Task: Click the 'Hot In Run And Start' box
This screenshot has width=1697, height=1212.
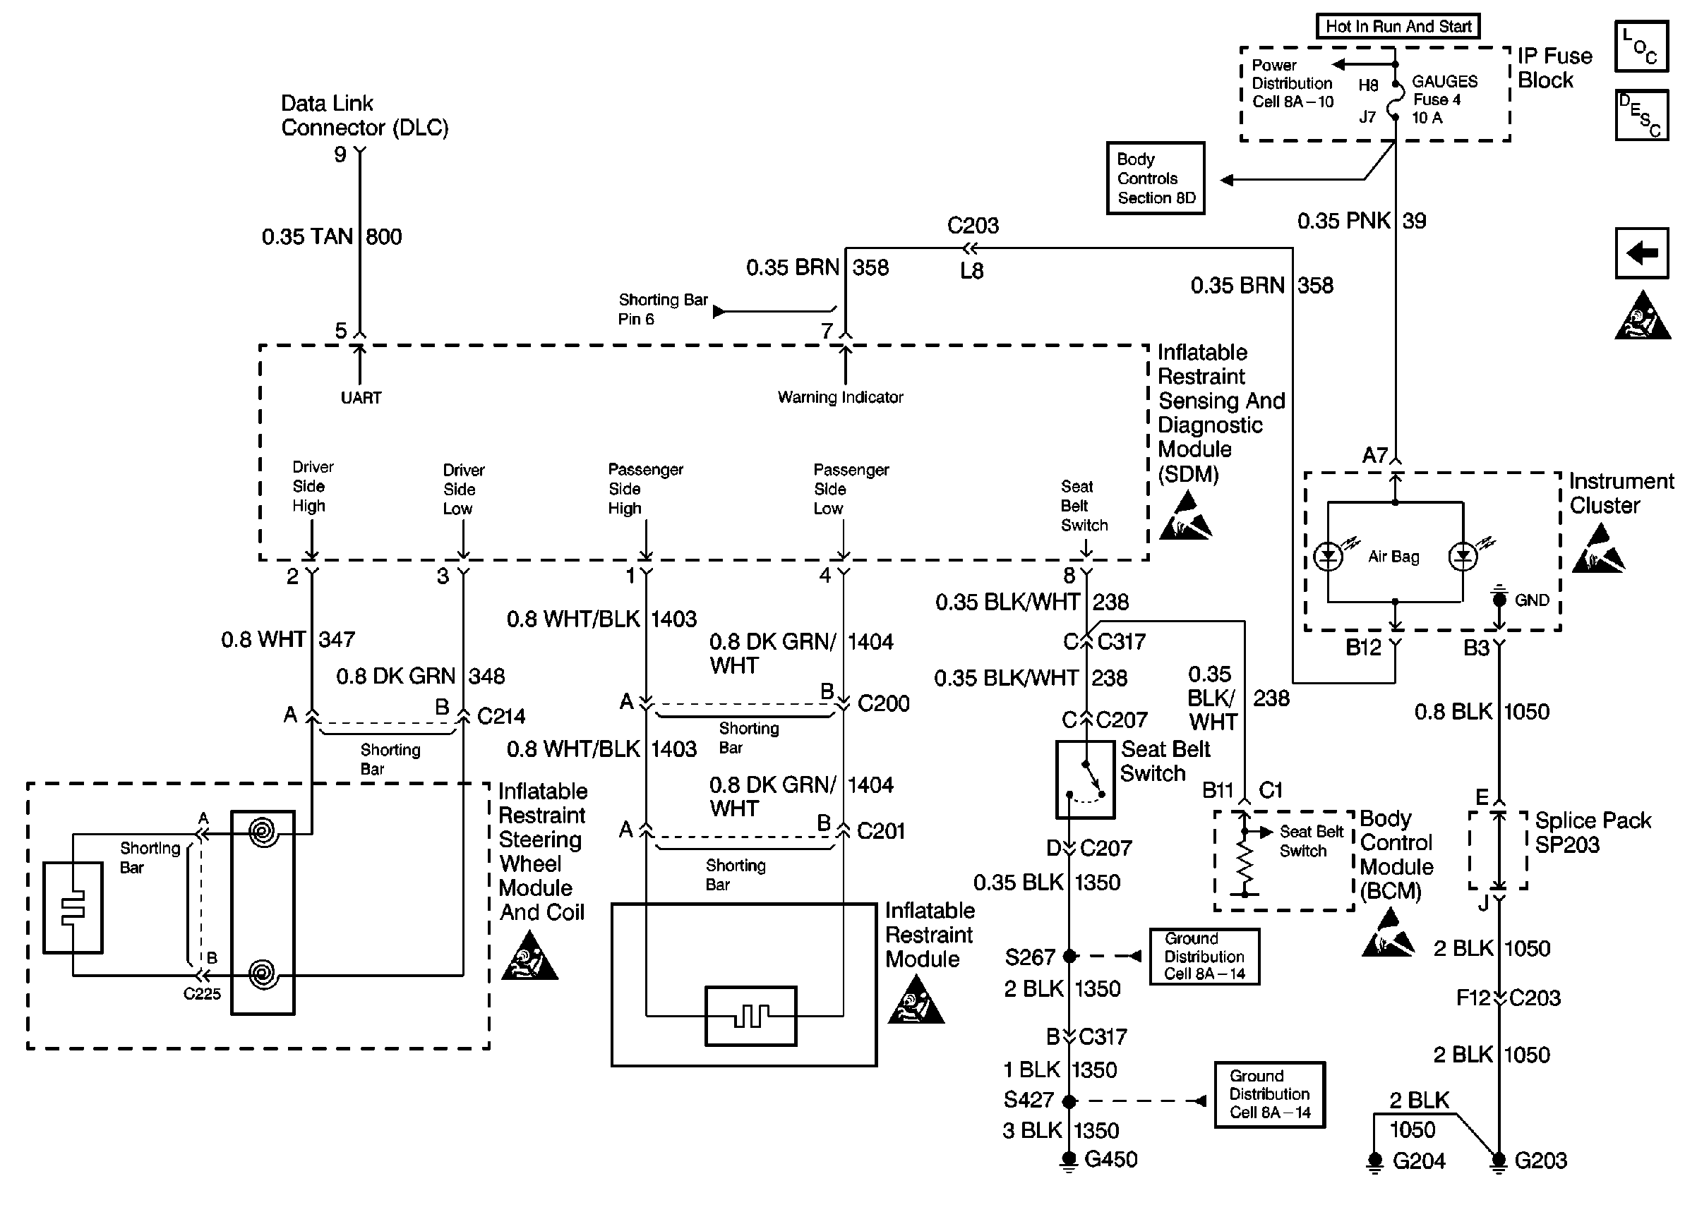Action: click(x=1397, y=27)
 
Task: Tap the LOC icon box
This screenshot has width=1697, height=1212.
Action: click(x=1641, y=47)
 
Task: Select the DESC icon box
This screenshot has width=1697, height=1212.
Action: click(x=1641, y=116)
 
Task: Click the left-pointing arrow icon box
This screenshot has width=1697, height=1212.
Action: click(x=1641, y=253)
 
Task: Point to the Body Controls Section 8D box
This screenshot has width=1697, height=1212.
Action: click(x=1155, y=178)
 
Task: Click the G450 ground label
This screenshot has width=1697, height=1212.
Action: click(x=1110, y=1159)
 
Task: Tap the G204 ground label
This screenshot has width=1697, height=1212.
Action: click(x=1419, y=1161)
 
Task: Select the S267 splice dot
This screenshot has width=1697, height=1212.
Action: click(x=1069, y=956)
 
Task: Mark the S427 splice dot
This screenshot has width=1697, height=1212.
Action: click(x=1069, y=1101)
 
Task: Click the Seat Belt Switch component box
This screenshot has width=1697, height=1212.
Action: click(x=1085, y=779)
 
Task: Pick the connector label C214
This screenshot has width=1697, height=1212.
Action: click(x=501, y=717)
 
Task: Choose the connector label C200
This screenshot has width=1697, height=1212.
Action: click(x=883, y=703)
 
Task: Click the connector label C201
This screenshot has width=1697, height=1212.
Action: click(x=881, y=830)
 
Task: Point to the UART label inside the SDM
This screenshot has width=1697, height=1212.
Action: click(x=361, y=398)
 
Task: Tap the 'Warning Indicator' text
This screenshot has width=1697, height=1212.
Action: click(x=840, y=397)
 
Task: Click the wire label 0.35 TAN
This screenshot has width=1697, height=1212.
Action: click(x=307, y=236)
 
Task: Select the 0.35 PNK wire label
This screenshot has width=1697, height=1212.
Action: click(x=1344, y=221)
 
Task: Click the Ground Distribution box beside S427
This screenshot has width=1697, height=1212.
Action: click(x=1269, y=1094)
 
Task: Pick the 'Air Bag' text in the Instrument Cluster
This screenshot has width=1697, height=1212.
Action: click(x=1393, y=556)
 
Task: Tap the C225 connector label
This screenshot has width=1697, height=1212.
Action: click(x=202, y=993)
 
